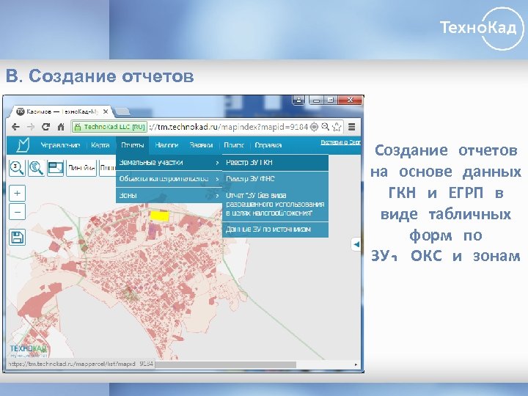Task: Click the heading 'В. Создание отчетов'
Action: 100,76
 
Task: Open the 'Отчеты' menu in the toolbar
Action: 133,144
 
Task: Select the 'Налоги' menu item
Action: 167,144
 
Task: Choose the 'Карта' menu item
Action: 100,144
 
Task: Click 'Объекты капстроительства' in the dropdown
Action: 159,178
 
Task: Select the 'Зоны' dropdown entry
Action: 128,195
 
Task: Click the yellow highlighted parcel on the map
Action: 159,216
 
